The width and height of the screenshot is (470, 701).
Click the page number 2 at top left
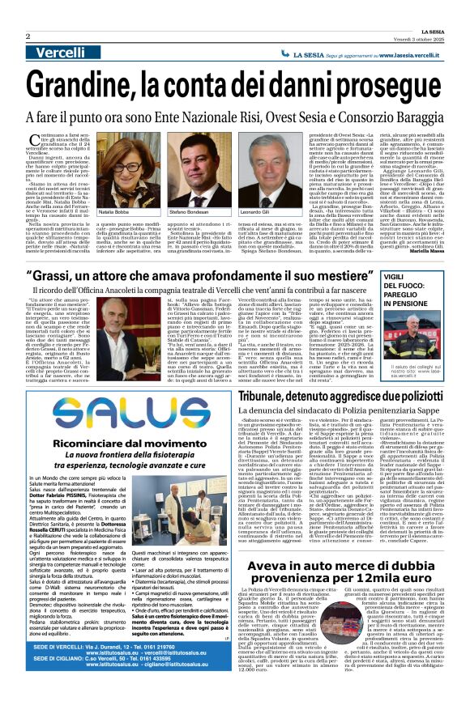coord(29,36)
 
